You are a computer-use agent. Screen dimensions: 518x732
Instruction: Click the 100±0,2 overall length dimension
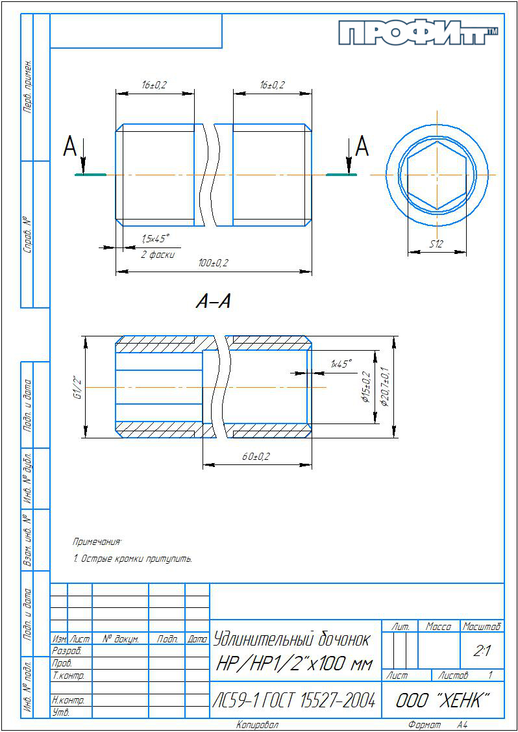214,263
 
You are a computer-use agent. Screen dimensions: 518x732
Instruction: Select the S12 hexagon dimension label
436,243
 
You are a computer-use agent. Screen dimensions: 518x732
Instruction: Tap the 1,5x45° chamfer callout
155,239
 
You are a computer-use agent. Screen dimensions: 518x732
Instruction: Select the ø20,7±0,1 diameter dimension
385,386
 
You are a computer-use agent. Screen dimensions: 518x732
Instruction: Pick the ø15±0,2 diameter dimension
365,387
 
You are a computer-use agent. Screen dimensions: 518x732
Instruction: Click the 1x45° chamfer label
341,364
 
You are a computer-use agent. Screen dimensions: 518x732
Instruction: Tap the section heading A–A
213,302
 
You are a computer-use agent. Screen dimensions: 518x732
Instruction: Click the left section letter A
69,148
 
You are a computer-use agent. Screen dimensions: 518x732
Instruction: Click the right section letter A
362,147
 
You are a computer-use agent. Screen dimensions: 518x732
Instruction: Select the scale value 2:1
481,651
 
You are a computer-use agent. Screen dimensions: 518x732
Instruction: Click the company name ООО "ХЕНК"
443,700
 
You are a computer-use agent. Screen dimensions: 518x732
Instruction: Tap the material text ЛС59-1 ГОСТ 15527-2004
295,700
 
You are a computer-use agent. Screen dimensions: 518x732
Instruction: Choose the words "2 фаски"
158,255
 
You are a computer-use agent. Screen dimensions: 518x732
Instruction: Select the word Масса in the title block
438,627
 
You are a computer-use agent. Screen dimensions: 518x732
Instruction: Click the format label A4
462,725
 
